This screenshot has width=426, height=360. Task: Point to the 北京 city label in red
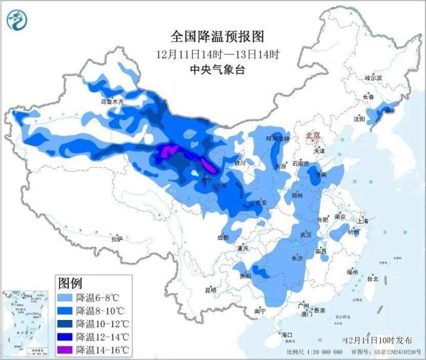click(x=313, y=136)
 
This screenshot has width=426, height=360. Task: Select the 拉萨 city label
click(x=117, y=239)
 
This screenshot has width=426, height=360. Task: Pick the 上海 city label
click(x=362, y=222)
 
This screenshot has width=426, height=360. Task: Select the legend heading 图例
click(x=70, y=283)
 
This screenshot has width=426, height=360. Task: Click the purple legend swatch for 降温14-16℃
click(x=64, y=350)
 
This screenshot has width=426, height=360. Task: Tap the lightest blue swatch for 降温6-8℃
click(x=64, y=297)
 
